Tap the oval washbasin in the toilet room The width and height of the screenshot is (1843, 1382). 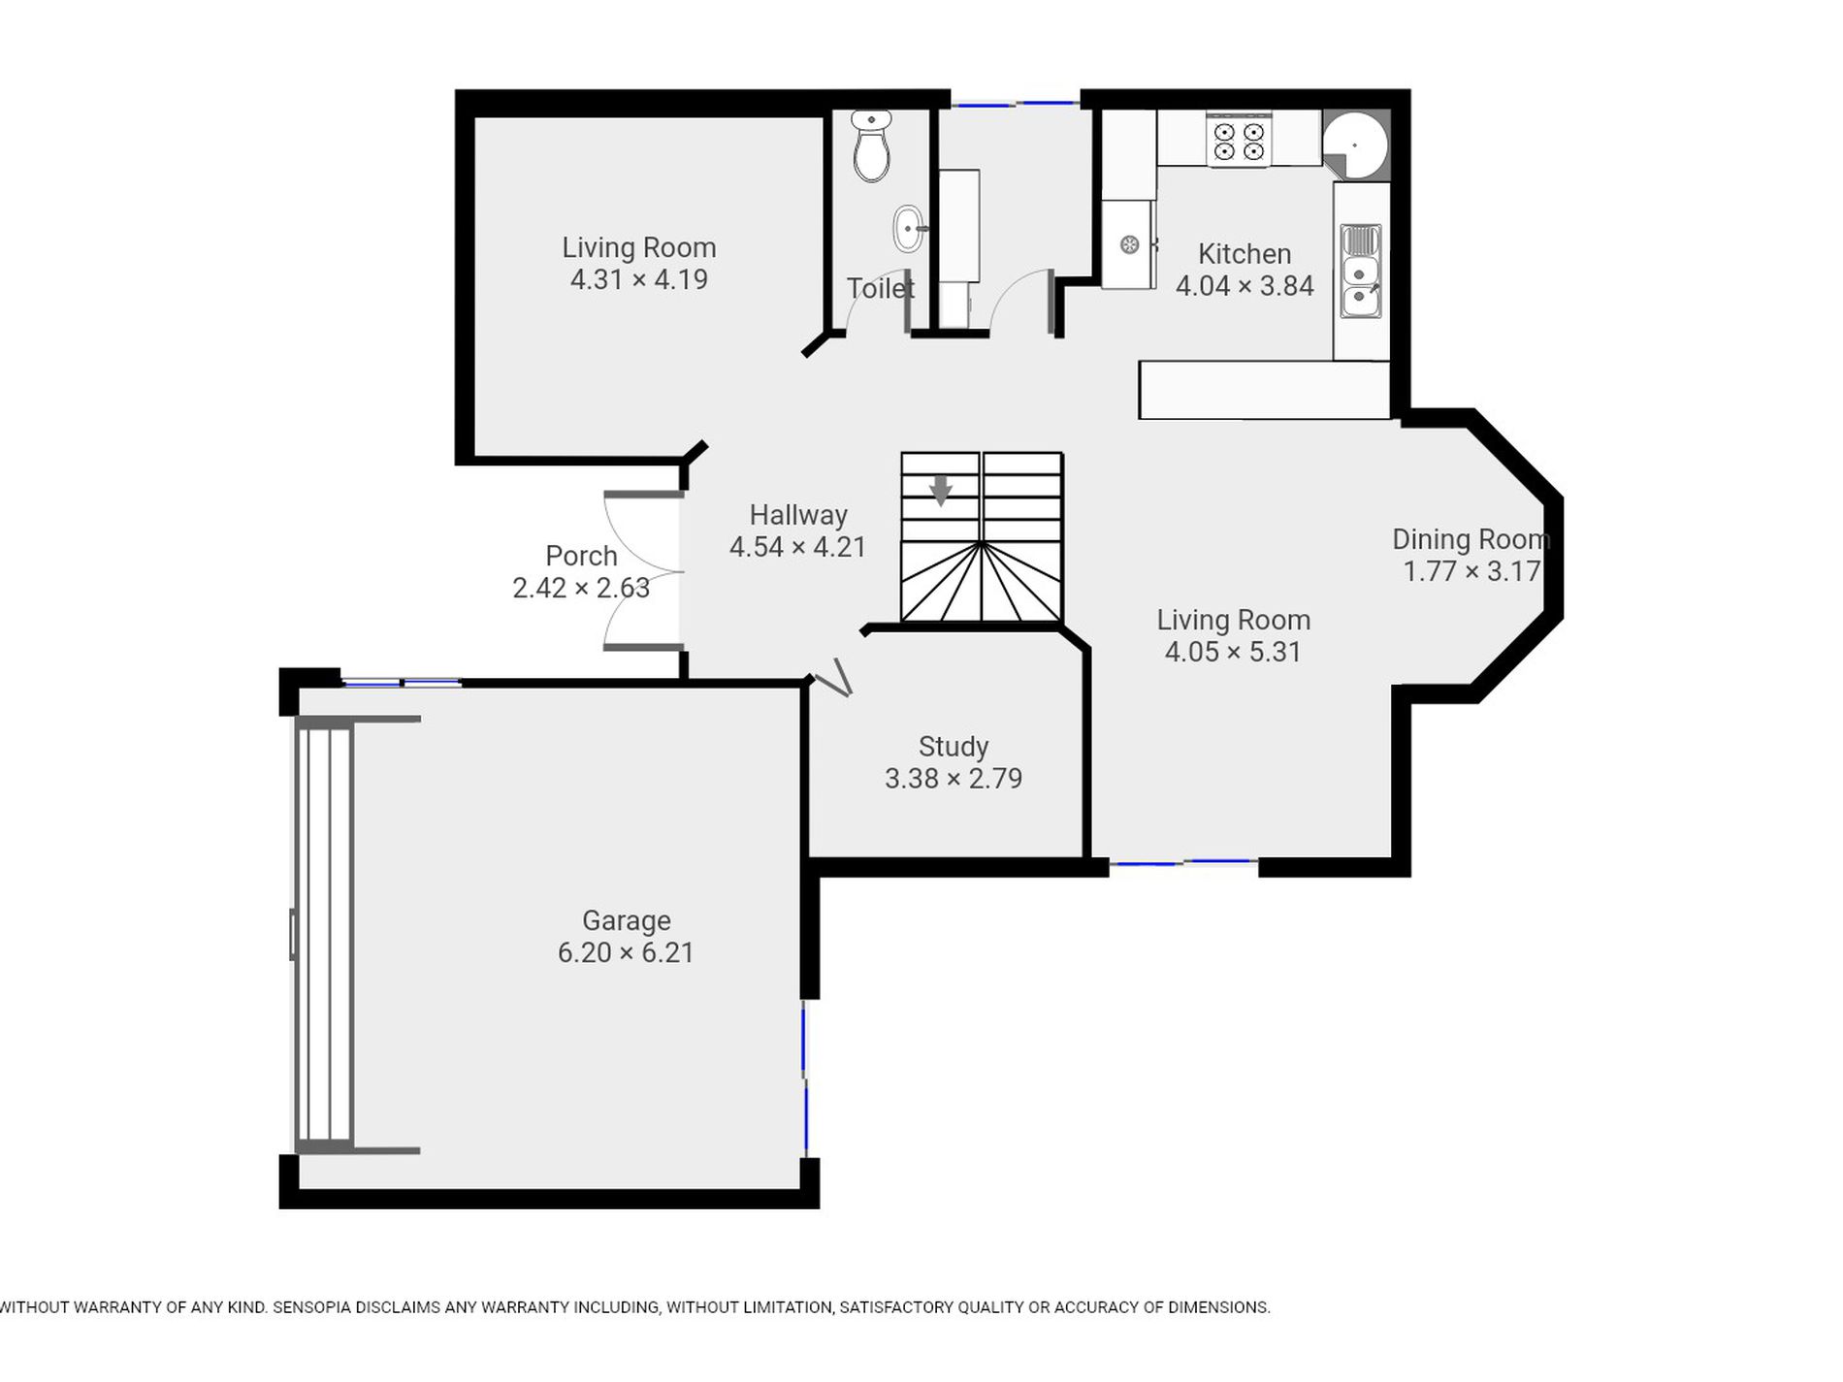909,229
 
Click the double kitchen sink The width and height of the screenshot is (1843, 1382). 1361,271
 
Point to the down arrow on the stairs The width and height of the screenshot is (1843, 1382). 940,490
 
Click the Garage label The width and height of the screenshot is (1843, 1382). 626,920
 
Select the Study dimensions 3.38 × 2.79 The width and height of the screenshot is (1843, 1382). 954,779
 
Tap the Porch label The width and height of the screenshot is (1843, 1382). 581,556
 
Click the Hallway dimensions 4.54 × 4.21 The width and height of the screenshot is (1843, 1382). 797,547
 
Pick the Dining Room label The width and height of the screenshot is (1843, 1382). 1471,539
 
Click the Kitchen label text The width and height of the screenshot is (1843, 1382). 1245,254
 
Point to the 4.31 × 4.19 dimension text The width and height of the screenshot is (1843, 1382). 639,279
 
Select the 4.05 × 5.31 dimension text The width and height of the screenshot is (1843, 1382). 1233,652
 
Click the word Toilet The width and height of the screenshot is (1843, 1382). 881,288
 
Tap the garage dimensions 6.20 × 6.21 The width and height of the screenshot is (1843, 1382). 626,952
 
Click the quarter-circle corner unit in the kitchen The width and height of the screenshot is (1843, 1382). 1356,145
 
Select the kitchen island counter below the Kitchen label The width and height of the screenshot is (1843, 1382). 1264,390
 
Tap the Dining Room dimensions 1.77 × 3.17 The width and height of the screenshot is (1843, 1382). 1471,571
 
